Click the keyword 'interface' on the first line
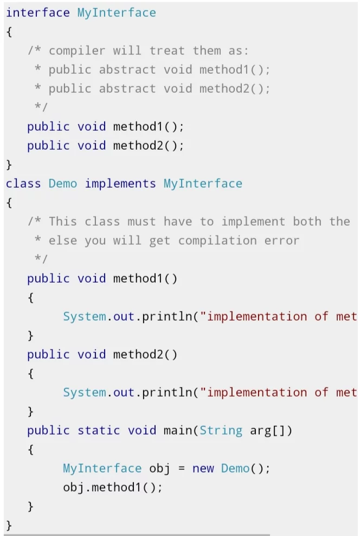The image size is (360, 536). [38, 12]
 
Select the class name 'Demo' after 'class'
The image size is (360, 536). [63, 183]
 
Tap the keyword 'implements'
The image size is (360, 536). [120, 184]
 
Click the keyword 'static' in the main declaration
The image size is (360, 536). [99, 430]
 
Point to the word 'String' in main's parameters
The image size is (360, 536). [221, 430]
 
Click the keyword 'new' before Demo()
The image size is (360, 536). [203, 468]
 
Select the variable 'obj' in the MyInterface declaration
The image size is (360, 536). [159, 468]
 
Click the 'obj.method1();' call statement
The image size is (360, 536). [112, 487]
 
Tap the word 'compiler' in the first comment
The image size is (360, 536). [77, 51]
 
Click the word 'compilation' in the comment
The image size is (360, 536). [217, 241]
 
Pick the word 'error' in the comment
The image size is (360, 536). [282, 241]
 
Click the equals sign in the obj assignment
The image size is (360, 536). [182, 469]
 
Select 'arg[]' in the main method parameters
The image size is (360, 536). [271, 431]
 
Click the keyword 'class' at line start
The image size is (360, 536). [23, 183]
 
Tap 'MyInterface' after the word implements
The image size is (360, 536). [203, 184]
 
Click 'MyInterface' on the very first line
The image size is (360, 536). [117, 13]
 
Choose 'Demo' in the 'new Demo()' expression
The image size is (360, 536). [235, 468]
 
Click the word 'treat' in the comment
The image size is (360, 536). [167, 51]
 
